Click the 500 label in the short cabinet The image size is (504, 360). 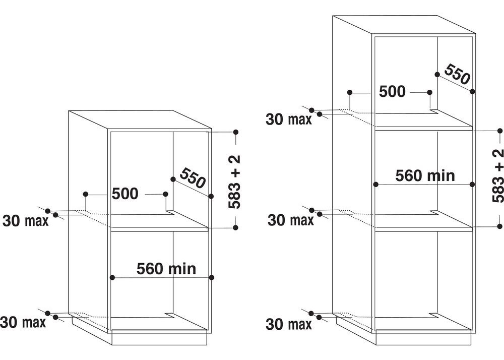click(125, 194)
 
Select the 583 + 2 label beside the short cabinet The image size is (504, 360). click(234, 182)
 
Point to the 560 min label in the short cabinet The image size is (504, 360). click(166, 269)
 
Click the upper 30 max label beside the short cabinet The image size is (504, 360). click(25, 221)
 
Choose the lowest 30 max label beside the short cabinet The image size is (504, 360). click(23, 322)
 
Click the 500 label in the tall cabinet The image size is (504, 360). click(392, 92)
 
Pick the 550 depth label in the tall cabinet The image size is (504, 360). click(458, 74)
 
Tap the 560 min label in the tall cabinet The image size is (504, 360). click(425, 176)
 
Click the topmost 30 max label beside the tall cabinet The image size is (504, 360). click(289, 119)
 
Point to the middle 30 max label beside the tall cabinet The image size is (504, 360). click(291, 220)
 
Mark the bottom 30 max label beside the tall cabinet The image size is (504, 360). click(289, 324)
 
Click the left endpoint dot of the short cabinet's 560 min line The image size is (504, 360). click(112, 277)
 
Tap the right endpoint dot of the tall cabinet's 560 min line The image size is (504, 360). click(472, 184)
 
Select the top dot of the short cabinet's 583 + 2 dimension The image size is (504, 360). click(235, 132)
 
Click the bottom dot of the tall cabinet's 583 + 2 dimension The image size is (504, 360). click(499, 226)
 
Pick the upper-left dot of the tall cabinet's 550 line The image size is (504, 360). click(437, 74)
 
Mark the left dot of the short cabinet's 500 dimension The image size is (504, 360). click(85, 194)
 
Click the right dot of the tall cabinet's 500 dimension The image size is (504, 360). click(430, 92)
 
